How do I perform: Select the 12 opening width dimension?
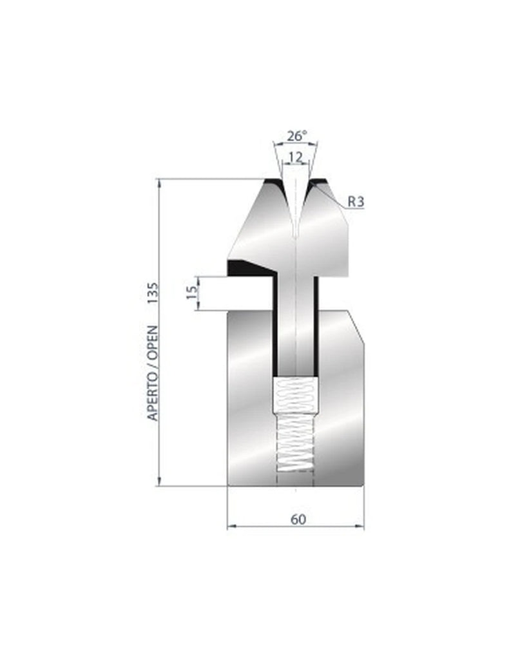pos(296,157)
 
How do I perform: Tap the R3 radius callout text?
pos(356,202)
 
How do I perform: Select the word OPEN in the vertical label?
pos(153,338)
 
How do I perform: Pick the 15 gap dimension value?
pos(191,293)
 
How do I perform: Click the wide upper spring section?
pos(296,394)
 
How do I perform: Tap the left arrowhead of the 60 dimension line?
pos(231,527)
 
